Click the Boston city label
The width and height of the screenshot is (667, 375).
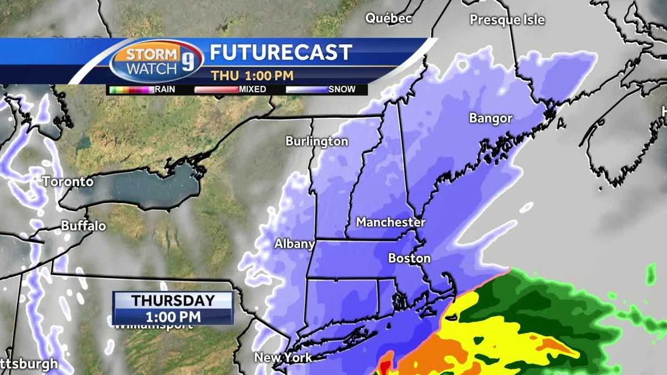point(409,258)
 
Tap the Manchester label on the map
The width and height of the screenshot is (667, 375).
point(390,222)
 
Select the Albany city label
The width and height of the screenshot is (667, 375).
point(295,244)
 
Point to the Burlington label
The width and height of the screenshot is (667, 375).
point(317,142)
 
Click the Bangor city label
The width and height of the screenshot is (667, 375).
point(490,118)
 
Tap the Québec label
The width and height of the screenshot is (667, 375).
point(389,18)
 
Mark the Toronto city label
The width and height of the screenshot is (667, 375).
point(68,182)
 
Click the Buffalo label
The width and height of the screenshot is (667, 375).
point(83,226)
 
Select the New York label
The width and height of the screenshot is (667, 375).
point(283,357)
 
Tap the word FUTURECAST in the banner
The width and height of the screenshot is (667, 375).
point(281,53)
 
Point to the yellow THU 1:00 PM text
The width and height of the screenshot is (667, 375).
point(252,75)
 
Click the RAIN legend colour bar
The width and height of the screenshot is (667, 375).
point(131,89)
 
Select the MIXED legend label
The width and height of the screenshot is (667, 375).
point(252,89)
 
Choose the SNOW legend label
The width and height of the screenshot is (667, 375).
point(342,89)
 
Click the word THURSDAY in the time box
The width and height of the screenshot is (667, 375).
point(173,301)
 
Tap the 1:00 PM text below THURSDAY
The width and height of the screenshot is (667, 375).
point(173,316)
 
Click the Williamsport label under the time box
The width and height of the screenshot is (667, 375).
point(153,326)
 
